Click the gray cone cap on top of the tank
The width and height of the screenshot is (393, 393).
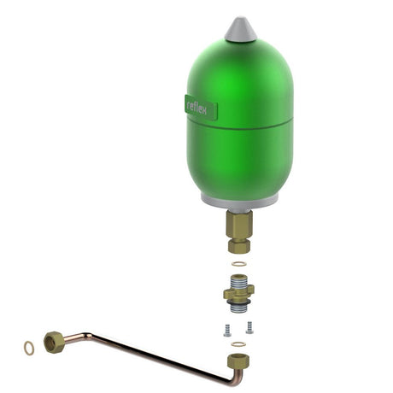(241, 30)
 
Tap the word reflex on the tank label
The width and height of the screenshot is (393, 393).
(196, 108)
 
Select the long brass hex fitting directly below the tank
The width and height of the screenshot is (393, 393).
(239, 226)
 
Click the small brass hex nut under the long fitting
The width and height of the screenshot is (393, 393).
(239, 245)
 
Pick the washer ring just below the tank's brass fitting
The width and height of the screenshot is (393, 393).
(238, 264)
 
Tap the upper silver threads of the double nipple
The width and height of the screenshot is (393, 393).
(238, 284)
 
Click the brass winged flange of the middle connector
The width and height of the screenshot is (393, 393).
(238, 294)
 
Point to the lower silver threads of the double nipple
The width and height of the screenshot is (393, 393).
(238, 308)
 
